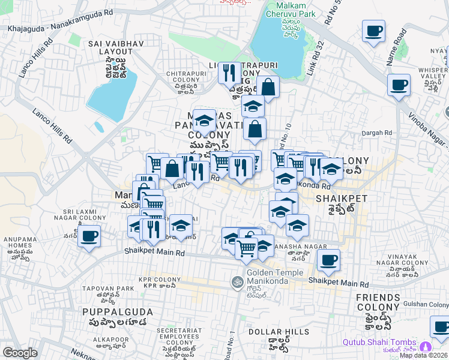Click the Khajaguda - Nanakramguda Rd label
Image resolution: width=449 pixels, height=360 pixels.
(x=59, y=28)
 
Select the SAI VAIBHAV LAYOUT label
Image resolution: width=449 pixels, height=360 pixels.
(x=110, y=48)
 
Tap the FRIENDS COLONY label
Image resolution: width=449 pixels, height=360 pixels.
(x=378, y=302)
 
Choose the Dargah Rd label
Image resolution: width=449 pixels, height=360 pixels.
(x=376, y=133)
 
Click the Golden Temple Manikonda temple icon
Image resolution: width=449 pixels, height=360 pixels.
(x=237, y=281)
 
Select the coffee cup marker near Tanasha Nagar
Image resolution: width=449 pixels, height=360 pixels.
(x=328, y=260)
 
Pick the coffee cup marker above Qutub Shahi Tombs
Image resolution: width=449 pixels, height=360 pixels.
(x=440, y=327)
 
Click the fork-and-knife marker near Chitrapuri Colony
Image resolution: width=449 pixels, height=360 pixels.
(x=229, y=73)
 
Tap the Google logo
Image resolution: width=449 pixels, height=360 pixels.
(x=20, y=353)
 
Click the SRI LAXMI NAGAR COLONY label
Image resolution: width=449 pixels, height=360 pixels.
(x=88, y=216)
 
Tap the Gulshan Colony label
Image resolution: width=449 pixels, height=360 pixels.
(x=429, y=304)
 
